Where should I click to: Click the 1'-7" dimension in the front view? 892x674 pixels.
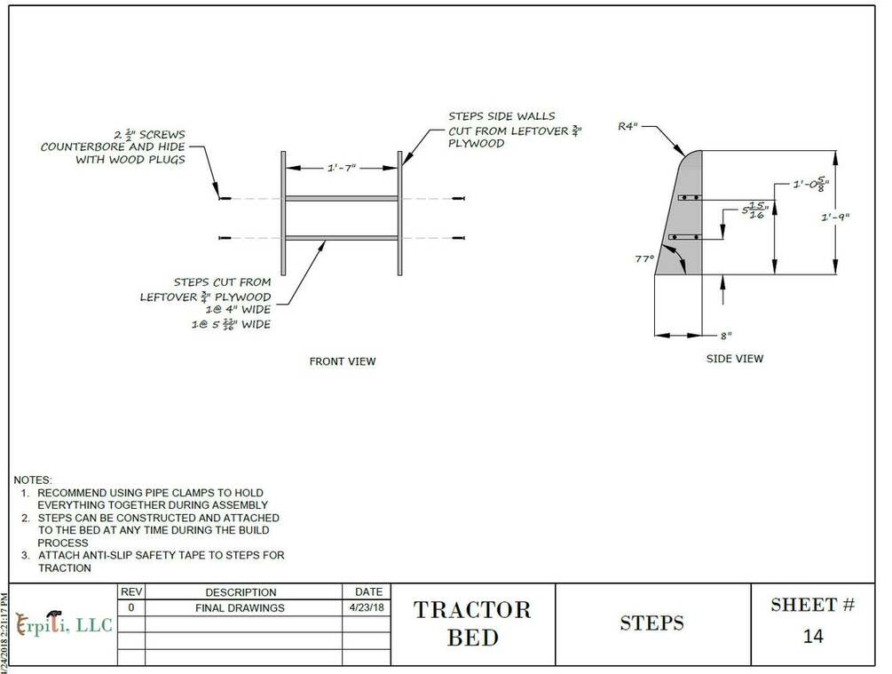[341, 166]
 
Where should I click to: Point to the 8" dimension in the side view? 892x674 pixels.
[726, 336]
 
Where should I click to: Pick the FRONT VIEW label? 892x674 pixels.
[342, 361]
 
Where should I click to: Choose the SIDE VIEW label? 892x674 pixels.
[734, 359]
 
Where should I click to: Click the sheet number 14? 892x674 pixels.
[812, 637]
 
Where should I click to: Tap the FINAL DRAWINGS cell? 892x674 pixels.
[240, 608]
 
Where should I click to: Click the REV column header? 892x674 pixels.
[130, 591]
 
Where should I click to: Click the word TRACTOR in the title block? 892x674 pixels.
[472, 610]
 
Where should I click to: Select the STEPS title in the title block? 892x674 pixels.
[652, 623]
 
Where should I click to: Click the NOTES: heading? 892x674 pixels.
[33, 480]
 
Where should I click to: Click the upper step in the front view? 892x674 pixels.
[341, 198]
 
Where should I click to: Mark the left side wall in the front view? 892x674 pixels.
[283, 213]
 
